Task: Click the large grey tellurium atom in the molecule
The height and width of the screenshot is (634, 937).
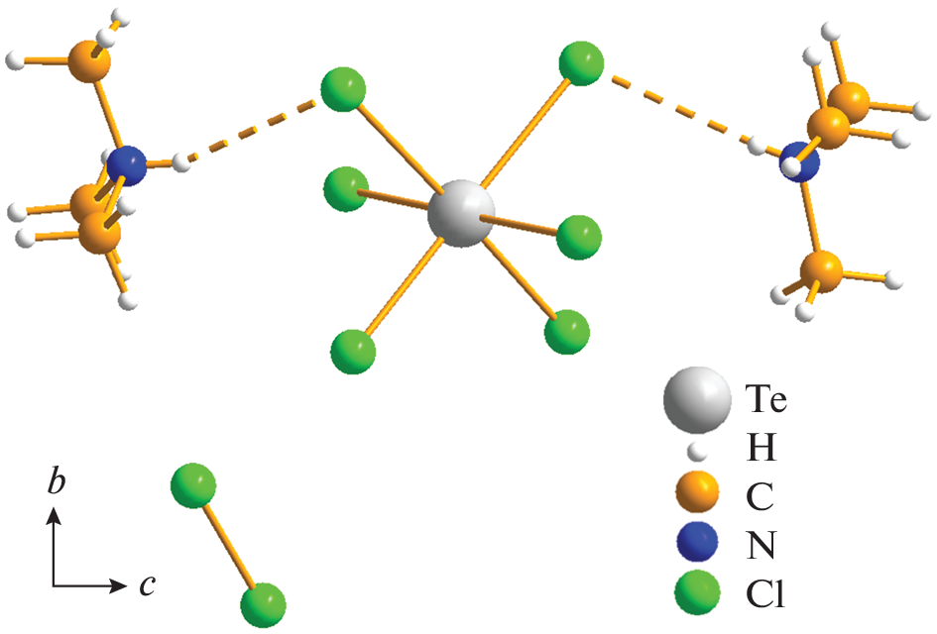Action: (x=461, y=213)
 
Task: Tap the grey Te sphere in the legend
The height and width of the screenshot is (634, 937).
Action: (x=697, y=400)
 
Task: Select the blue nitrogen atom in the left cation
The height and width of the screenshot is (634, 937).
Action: (x=126, y=165)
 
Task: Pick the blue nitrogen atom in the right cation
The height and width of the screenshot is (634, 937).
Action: (x=799, y=161)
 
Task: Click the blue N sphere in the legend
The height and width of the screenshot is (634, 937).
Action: (x=697, y=542)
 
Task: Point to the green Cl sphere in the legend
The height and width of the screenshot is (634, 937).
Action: (x=697, y=592)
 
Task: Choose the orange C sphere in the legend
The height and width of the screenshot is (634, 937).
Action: (x=697, y=492)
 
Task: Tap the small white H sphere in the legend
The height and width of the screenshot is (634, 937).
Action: (x=696, y=452)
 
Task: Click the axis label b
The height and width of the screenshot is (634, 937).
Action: (x=57, y=481)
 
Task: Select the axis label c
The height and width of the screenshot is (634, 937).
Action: (x=148, y=585)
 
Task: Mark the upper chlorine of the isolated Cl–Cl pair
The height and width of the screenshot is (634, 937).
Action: (x=193, y=484)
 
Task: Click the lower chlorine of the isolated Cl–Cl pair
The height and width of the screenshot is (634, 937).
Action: (x=263, y=605)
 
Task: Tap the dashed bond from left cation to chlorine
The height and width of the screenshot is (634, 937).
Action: (x=251, y=132)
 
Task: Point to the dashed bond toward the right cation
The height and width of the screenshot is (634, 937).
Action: (x=680, y=110)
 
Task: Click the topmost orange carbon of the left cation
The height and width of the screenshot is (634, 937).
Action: (x=89, y=60)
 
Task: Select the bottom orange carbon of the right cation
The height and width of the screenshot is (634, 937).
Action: (x=821, y=271)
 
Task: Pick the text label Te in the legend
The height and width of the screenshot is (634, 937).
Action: (x=766, y=398)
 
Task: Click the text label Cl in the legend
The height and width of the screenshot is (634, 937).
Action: (x=764, y=594)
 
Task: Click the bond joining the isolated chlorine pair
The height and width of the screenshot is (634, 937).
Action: (x=228, y=545)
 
